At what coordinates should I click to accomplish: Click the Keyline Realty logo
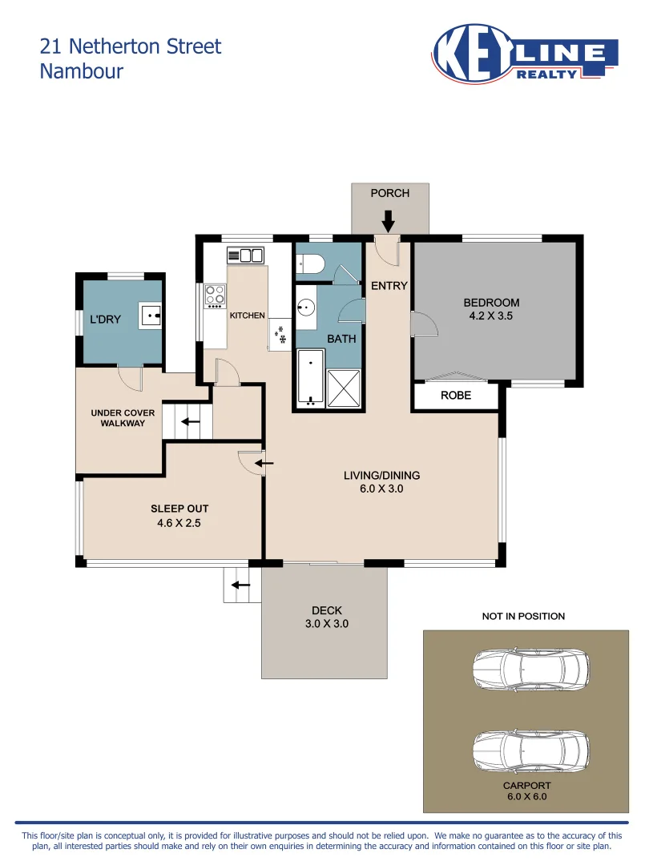(524, 54)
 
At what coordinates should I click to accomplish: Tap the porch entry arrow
(389, 221)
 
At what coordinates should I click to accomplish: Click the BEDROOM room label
(491, 303)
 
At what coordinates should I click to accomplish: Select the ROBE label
(456, 396)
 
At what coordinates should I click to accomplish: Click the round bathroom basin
(306, 307)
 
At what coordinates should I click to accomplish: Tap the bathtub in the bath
(311, 378)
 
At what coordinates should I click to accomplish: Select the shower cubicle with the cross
(344, 389)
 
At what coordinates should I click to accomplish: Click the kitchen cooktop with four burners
(216, 296)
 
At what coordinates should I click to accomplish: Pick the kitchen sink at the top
(246, 255)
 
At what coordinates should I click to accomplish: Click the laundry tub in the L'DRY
(150, 316)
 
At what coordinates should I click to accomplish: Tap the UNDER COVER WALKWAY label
(123, 418)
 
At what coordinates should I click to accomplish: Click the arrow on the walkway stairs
(191, 422)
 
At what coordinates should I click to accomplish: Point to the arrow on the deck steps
(240, 585)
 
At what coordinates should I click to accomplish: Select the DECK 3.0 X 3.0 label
(327, 618)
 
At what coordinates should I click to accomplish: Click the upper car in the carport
(531, 670)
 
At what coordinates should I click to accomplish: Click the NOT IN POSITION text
(523, 616)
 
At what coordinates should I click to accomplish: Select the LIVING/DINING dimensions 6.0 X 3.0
(381, 489)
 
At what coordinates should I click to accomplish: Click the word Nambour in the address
(82, 71)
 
